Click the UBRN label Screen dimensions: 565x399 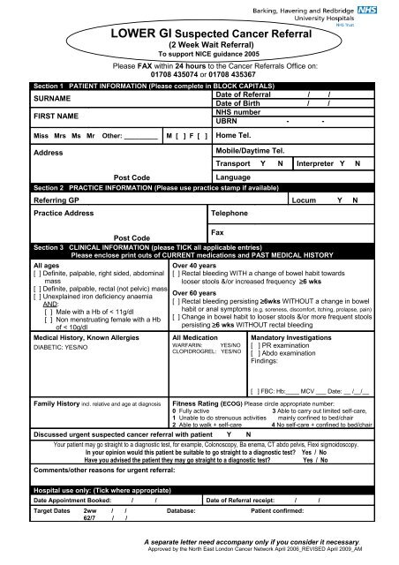pos(229,122)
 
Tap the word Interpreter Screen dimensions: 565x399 pos(320,163)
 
